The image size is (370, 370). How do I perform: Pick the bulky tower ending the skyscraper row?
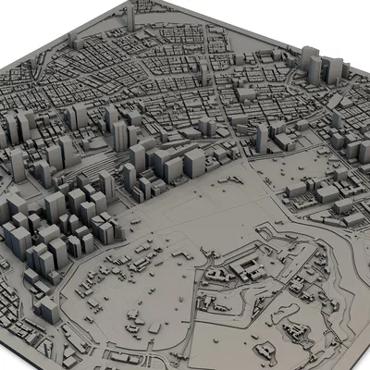click(x=193, y=163)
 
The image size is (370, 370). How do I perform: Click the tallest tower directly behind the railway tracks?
click(x=120, y=135)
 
